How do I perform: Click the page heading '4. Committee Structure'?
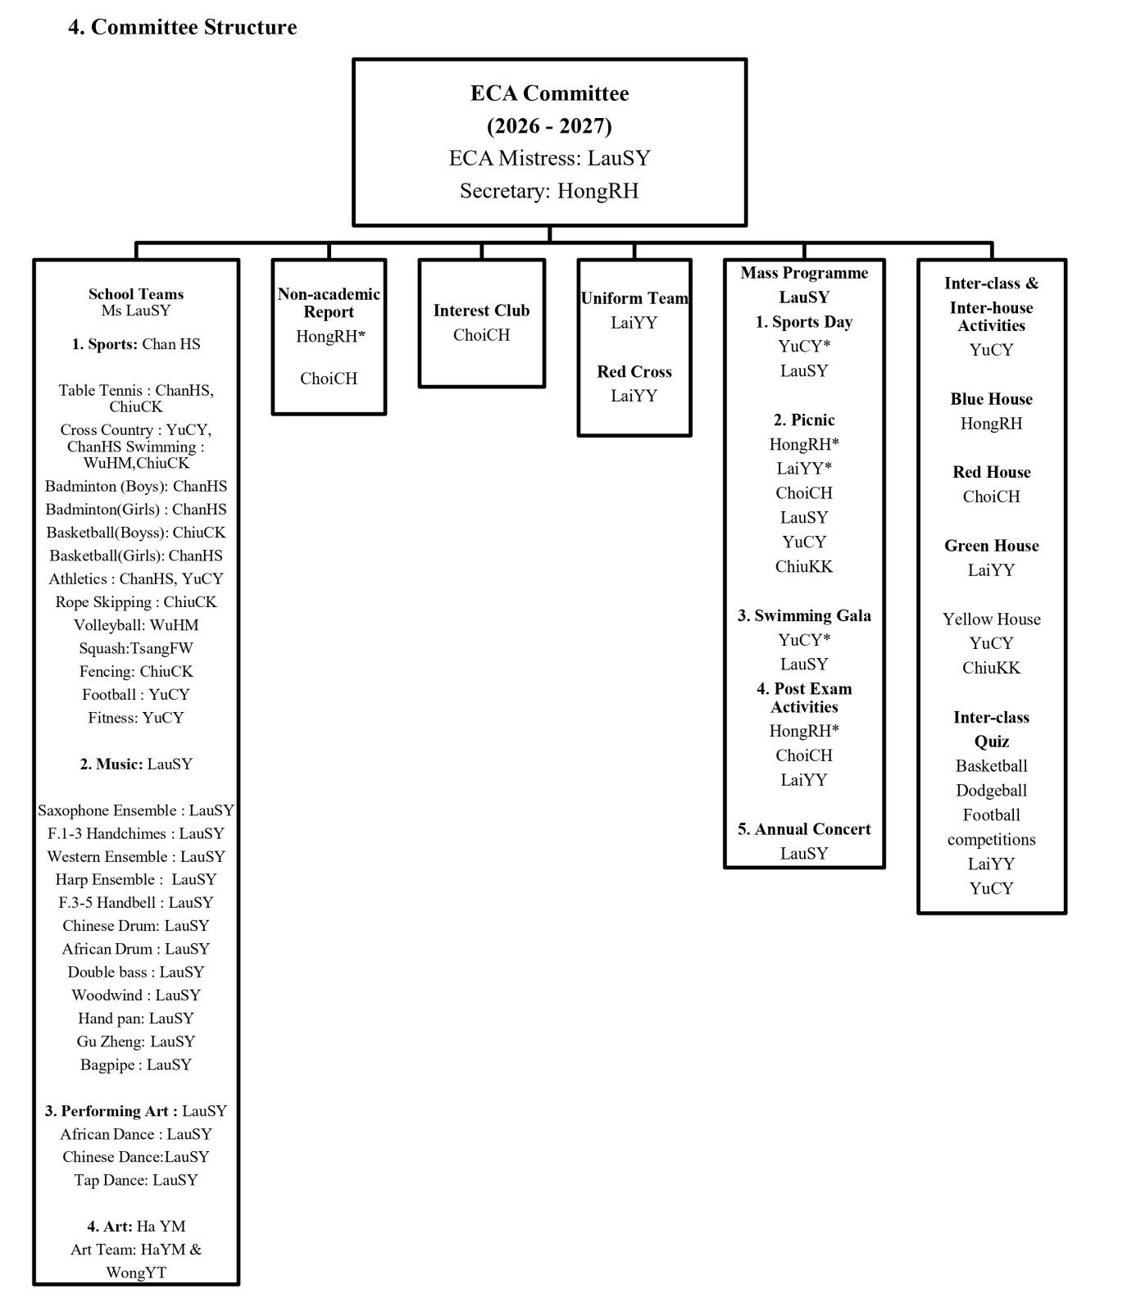182,27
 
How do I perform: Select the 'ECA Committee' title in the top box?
549,93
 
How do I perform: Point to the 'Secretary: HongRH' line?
549,191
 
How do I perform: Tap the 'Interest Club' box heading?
481,311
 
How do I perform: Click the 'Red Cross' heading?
634,372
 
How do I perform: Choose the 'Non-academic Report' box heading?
329,303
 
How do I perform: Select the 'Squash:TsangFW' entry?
136,648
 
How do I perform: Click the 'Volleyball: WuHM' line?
136,625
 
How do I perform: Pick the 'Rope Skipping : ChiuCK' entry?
136,602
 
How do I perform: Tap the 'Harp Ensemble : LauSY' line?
136,880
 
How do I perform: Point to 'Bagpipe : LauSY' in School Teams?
136,1065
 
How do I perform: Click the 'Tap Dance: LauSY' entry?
136,1181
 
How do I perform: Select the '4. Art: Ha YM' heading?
136,1227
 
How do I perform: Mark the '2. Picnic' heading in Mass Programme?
804,420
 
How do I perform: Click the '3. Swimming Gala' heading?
804,616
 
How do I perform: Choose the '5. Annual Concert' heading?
804,829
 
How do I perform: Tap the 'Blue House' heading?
992,400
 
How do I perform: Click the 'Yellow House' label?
992,619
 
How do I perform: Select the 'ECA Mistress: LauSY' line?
549,158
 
